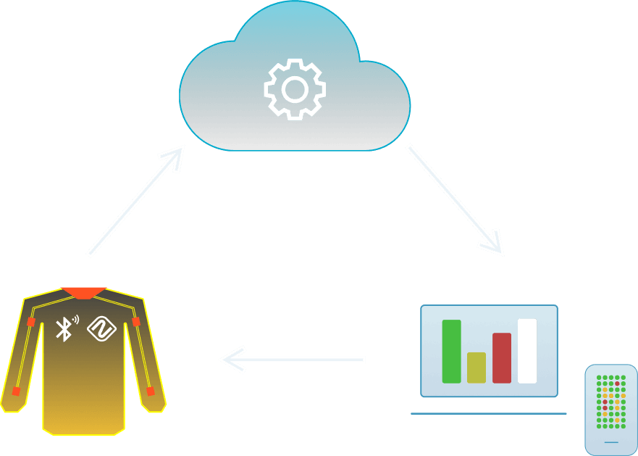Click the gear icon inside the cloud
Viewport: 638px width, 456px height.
coord(294,89)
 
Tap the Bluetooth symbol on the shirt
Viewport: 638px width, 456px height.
coord(64,329)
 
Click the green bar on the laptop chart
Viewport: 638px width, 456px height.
coord(451,352)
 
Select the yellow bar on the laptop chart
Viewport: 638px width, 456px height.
coord(476,368)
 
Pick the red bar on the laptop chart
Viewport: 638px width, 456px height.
coord(501,358)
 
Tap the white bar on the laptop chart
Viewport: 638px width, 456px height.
coord(526,351)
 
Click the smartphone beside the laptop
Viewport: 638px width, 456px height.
coord(611,410)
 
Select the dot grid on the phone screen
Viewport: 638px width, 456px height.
coord(611,402)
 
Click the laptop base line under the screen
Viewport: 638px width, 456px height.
coord(488,414)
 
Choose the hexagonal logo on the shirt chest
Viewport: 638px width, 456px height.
coord(102,329)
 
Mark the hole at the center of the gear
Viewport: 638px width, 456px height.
coord(294,89)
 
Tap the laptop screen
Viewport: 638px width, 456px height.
coord(489,350)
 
